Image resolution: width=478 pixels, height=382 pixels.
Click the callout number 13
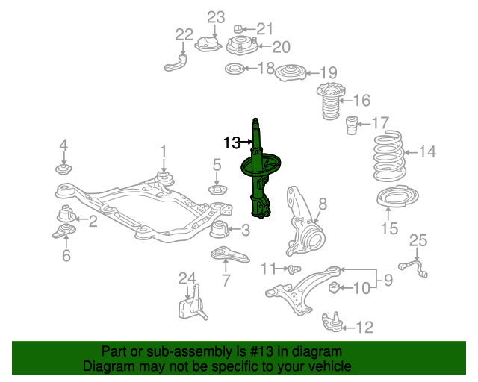(232, 141)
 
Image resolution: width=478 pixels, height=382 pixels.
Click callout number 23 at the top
(215, 16)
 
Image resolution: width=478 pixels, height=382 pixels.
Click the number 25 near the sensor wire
(418, 240)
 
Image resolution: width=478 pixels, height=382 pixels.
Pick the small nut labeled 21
(241, 30)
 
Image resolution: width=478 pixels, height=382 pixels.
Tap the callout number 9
(388, 280)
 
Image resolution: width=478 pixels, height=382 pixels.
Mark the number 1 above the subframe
(163, 153)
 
